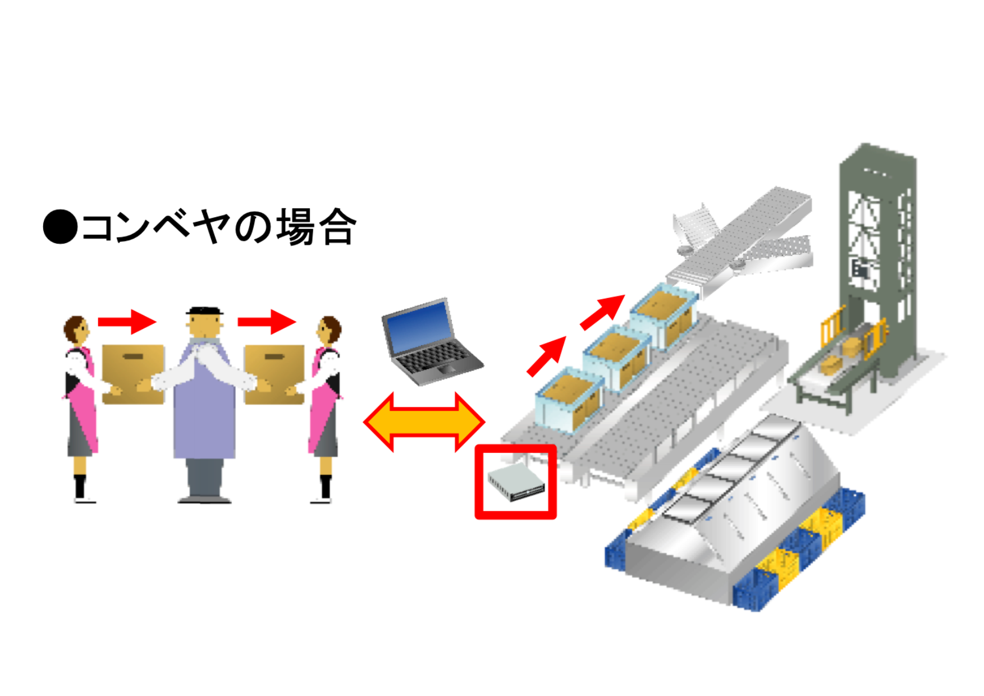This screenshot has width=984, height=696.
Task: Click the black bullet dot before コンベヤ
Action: coord(60,227)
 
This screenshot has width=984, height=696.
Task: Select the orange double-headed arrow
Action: coord(424,422)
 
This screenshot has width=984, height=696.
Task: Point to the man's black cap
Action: coord(204,310)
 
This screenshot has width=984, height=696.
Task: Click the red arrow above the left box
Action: coord(127,322)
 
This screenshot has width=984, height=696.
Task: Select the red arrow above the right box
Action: coord(267,322)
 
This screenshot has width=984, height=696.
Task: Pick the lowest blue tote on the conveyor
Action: coord(569,400)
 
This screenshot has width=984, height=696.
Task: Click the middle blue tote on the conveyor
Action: coord(616,358)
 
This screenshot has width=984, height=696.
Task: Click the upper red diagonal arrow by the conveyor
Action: coord(602,312)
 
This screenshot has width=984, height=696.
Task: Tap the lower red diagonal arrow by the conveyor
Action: coord(546,356)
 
